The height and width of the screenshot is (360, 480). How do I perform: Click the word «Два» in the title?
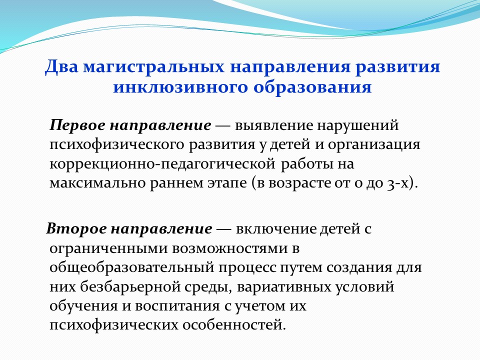tap(61, 66)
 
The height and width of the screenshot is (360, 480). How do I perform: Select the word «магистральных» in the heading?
tap(153, 66)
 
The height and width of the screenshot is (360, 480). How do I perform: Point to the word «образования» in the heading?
tap(312, 87)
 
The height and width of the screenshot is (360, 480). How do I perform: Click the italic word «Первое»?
tap(77, 125)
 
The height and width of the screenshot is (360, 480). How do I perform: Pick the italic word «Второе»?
tap(76, 228)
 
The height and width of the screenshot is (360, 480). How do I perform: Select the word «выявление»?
tap(274, 125)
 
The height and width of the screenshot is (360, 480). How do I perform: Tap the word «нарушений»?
tap(358, 125)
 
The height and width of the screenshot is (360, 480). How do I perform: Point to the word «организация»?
tap(374, 145)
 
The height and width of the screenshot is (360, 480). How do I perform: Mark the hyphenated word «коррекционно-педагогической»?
tap(162, 164)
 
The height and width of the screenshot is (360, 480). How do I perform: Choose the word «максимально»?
tap(97, 183)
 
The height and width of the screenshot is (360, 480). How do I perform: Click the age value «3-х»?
tap(397, 183)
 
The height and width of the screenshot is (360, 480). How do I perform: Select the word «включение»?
tap(276, 228)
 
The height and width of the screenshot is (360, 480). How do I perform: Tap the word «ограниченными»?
tap(108, 248)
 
